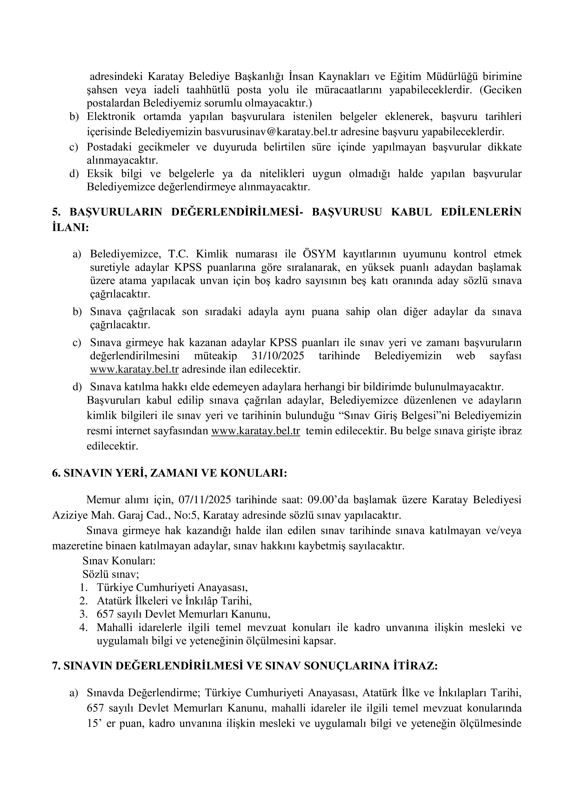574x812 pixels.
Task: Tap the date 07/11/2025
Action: pos(205,500)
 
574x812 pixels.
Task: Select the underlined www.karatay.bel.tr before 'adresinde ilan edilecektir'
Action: pos(134,370)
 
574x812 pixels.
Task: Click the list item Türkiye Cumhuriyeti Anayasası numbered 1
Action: pos(172,587)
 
